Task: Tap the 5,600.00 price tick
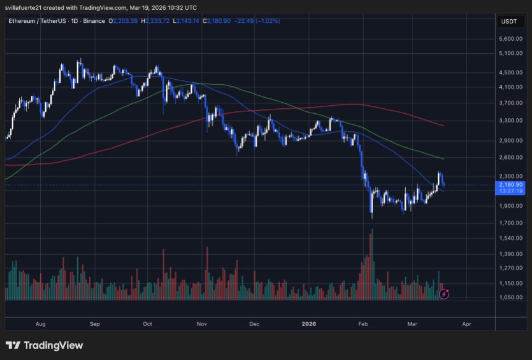(x=512, y=38)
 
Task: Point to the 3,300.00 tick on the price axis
(x=512, y=121)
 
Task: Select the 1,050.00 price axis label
(x=512, y=298)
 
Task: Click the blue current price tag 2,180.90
(x=511, y=184)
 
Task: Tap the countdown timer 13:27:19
(x=511, y=191)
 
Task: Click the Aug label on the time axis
(x=41, y=324)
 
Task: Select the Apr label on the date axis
(x=466, y=324)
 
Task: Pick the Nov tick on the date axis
(x=202, y=324)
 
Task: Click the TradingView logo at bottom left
(x=45, y=345)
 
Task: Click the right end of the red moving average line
(x=444, y=126)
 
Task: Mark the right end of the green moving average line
(x=444, y=159)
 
